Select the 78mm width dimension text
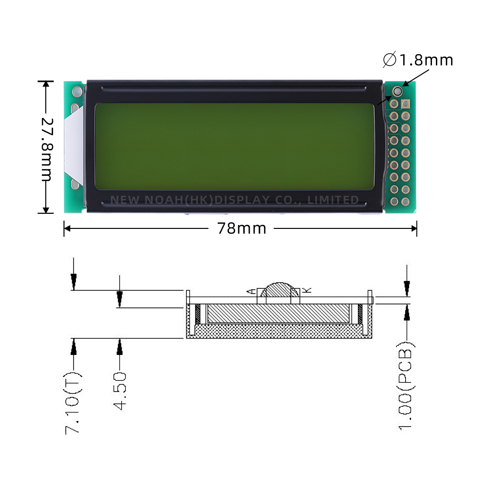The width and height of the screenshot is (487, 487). (242, 228)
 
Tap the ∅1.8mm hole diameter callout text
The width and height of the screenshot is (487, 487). (418, 60)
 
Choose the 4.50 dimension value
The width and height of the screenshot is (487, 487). (120, 391)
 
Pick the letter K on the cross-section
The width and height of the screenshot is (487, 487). (307, 290)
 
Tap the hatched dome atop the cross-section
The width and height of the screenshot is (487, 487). (277, 290)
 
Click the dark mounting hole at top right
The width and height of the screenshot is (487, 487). (397, 91)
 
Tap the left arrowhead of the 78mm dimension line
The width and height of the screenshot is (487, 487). (67, 228)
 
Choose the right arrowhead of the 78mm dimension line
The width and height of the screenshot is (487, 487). (414, 228)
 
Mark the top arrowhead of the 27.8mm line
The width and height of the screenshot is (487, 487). (46, 85)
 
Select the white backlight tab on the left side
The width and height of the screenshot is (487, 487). (72, 146)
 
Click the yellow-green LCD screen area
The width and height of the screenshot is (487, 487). (234, 146)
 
